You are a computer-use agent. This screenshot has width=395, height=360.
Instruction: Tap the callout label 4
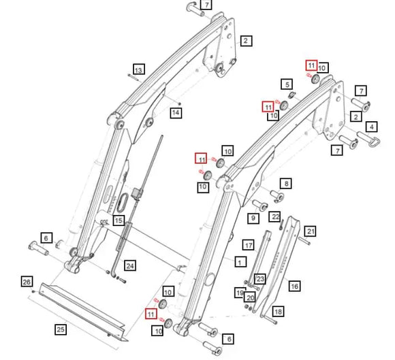tap(371, 127)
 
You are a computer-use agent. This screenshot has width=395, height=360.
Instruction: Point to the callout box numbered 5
tap(287, 84)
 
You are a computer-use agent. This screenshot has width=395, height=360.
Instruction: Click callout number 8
tap(285, 183)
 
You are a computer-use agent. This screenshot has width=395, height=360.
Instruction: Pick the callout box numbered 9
tap(253, 218)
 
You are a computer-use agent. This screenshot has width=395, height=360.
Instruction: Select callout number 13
tap(138, 70)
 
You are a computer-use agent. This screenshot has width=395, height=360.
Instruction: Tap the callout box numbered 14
tap(176, 112)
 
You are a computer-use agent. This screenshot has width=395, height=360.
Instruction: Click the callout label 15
tap(118, 220)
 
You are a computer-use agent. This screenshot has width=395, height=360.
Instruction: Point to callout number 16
tap(294, 287)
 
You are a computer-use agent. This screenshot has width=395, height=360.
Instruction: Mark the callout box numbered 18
tap(277, 311)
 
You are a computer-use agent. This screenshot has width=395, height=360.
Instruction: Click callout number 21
tap(310, 232)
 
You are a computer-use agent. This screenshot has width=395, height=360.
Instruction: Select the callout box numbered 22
tap(275, 216)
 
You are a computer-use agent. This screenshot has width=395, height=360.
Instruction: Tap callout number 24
tap(130, 265)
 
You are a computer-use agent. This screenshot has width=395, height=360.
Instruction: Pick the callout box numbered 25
tap(61, 329)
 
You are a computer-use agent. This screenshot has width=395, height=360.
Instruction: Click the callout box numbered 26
tap(27, 282)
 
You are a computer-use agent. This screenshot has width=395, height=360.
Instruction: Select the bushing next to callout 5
tap(285, 97)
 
